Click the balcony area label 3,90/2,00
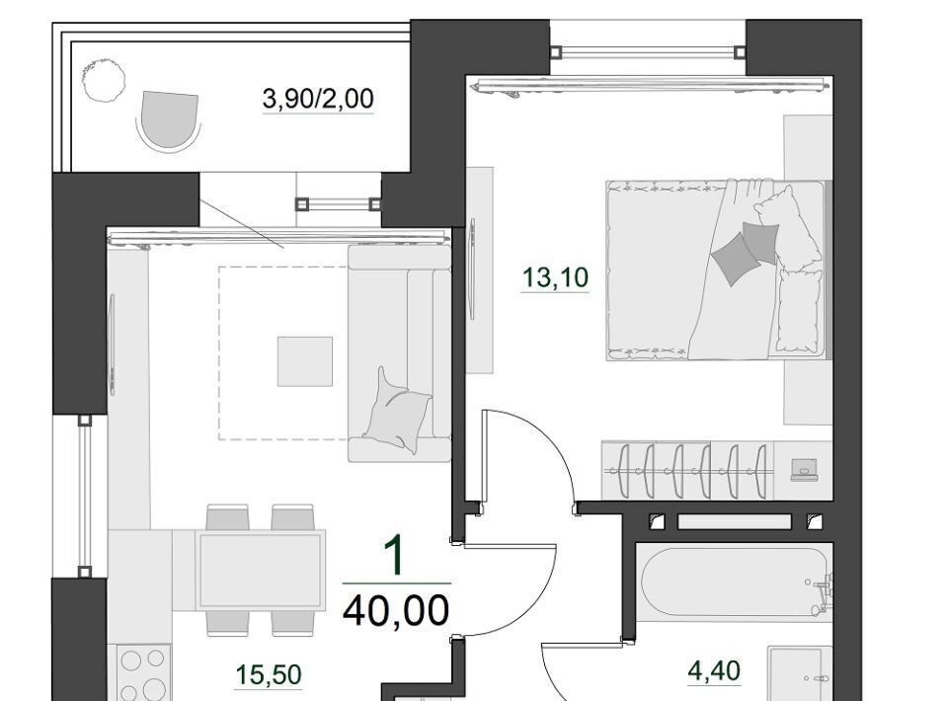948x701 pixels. [x=318, y=99]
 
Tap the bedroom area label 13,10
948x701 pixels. [x=555, y=277]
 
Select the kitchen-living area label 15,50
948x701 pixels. [x=269, y=674]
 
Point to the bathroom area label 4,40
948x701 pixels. [x=714, y=670]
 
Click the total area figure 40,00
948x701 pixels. [x=396, y=610]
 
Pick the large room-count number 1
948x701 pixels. [x=395, y=557]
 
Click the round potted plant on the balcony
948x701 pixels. [x=104, y=79]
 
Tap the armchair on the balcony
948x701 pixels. [x=169, y=119]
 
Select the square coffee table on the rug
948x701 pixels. [x=305, y=361]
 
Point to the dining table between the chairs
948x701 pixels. [x=261, y=571]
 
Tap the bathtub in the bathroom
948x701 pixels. [x=735, y=582]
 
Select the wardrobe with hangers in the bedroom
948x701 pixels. [x=687, y=471]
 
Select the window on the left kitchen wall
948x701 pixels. [x=85, y=496]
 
